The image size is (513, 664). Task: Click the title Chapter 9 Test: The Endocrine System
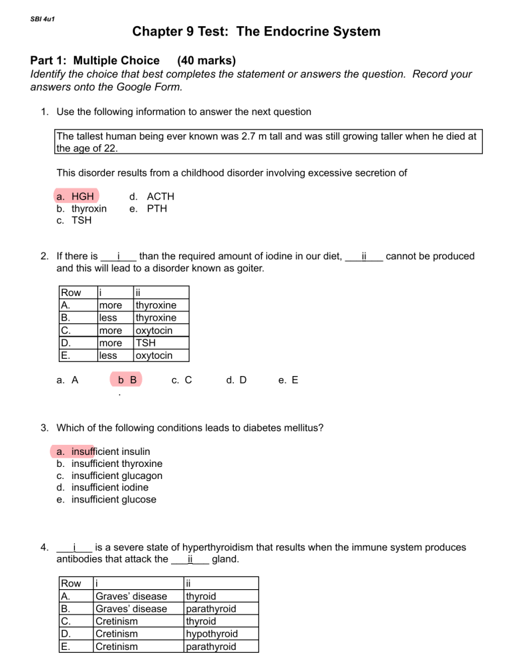pos(256,31)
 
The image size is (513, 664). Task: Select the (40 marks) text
pos(206,61)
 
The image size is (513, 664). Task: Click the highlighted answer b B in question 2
pos(127,380)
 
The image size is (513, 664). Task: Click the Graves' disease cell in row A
pos(132,597)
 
